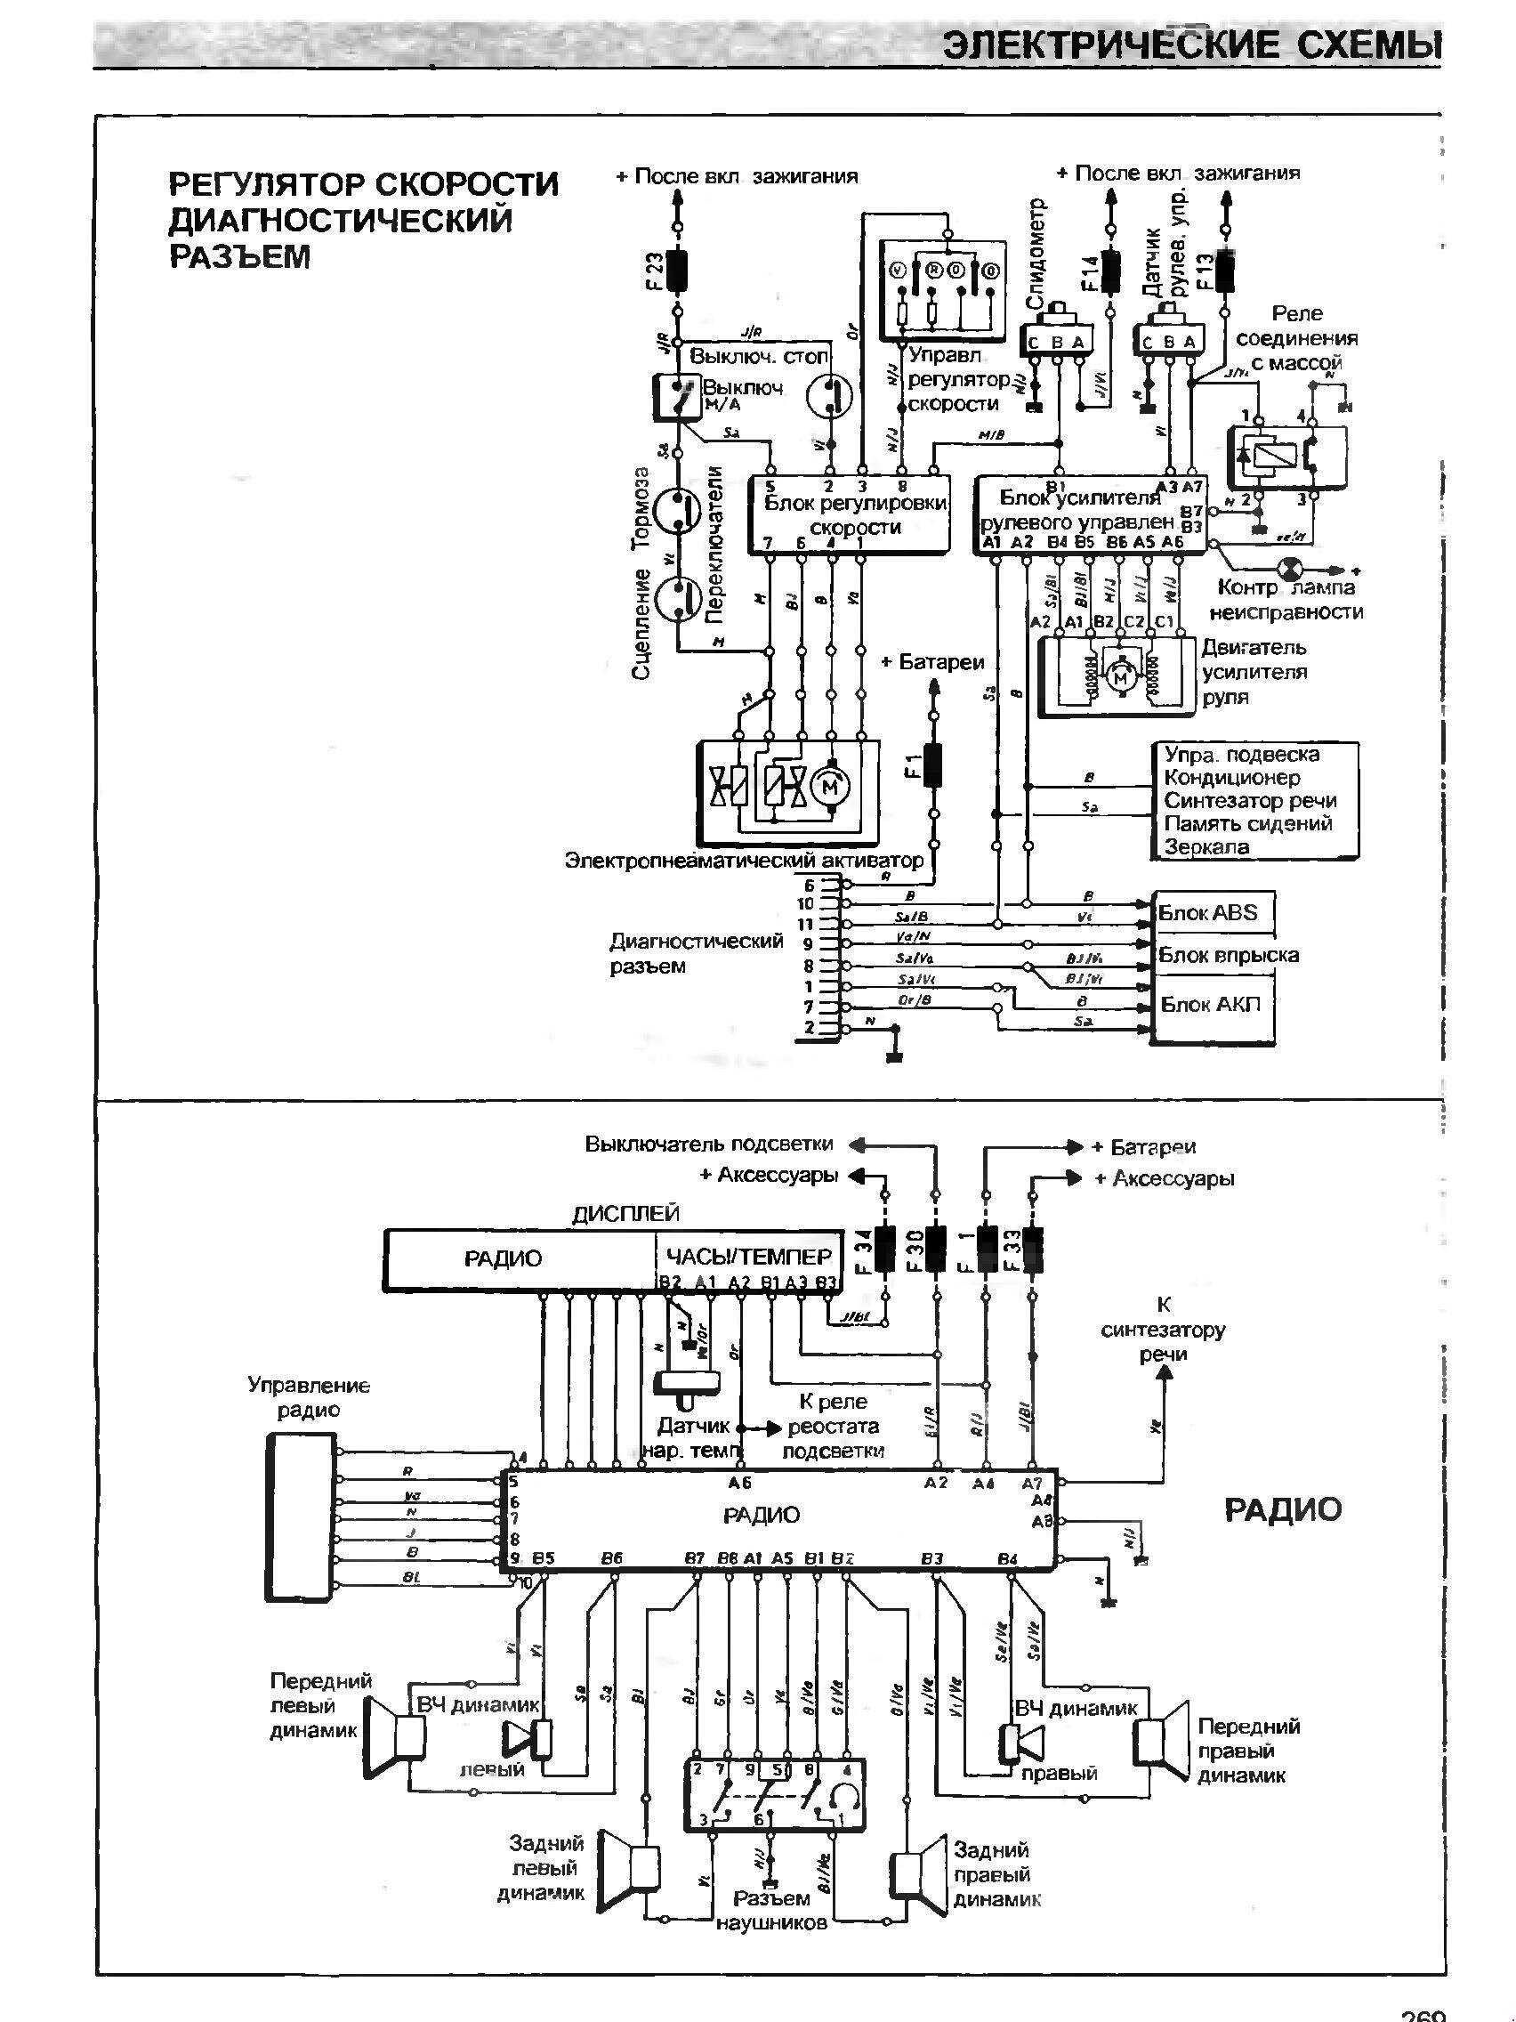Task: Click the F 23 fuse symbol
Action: click(x=676, y=271)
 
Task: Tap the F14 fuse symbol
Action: click(x=1112, y=271)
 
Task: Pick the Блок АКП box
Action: click(x=1213, y=1006)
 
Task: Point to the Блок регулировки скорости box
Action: click(x=850, y=514)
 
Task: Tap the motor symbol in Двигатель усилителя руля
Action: click(x=1118, y=677)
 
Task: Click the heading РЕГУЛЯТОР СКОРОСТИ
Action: click(x=364, y=183)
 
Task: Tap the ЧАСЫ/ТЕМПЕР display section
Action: click(x=748, y=1256)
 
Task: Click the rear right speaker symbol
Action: click(x=919, y=1880)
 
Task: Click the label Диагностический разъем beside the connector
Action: click(x=697, y=953)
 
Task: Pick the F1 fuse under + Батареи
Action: click(x=933, y=766)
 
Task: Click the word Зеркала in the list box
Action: click(x=1206, y=847)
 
